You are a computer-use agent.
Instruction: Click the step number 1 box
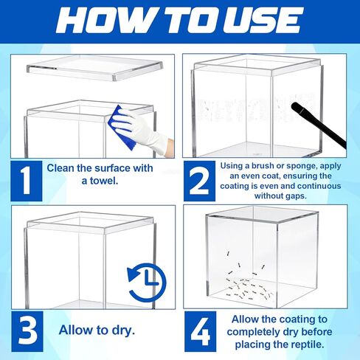pyautogui.click(x=25, y=180)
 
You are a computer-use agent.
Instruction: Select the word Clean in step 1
pyautogui.click(x=62, y=168)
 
